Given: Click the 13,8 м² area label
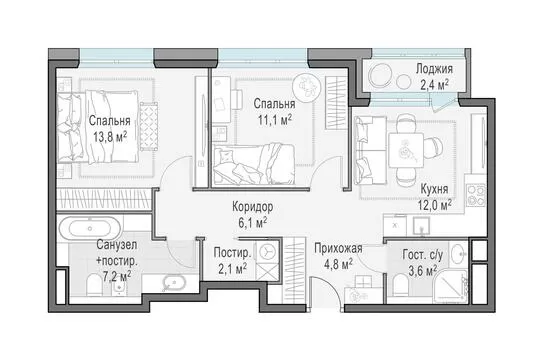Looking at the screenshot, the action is [x=110, y=137].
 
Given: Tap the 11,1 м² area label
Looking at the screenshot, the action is [x=275, y=120].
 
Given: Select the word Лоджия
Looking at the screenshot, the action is [x=434, y=69].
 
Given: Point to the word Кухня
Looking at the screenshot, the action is [x=434, y=189].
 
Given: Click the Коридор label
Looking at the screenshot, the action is [x=252, y=207].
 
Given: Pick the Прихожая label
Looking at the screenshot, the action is [x=338, y=248].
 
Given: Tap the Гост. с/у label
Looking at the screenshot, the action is [x=423, y=255].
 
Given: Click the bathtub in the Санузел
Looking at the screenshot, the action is [x=90, y=228].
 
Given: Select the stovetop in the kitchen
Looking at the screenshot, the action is [x=476, y=195].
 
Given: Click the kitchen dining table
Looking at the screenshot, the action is [x=406, y=150].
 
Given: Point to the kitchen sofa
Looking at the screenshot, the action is [x=370, y=151].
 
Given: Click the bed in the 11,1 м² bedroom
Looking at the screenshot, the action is [x=253, y=164].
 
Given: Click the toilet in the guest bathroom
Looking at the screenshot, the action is [x=402, y=286].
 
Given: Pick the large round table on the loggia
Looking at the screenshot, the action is [x=381, y=75].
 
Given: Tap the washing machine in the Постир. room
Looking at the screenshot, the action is [x=267, y=251].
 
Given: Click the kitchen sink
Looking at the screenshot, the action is [x=421, y=226].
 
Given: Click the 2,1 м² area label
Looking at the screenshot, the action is [x=232, y=268].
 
